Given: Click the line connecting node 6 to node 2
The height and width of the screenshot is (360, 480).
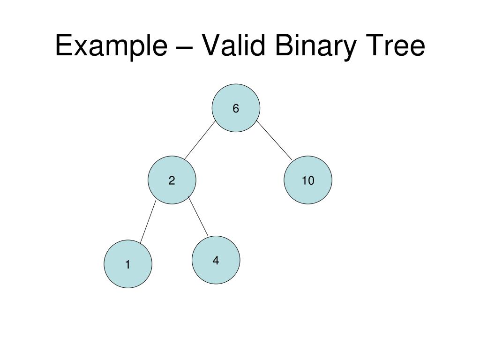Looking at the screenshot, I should pyautogui.click(x=200, y=140).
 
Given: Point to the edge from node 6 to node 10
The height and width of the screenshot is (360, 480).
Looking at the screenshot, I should pyautogui.click(x=274, y=140).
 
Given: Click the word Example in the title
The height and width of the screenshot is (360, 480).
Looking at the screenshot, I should pyautogui.click(x=111, y=46).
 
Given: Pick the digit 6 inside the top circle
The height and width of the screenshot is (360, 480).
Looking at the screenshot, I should pyautogui.click(x=235, y=109).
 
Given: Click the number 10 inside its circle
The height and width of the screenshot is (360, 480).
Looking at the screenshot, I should pyautogui.click(x=307, y=180).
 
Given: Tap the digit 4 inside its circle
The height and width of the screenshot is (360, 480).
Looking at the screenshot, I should pyautogui.click(x=216, y=261).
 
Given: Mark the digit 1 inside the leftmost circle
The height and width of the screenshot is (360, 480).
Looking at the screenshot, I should pyautogui.click(x=127, y=265).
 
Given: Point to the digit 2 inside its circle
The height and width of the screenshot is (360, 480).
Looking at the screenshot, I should pyautogui.click(x=172, y=180).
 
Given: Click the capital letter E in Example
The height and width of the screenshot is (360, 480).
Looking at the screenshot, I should pyautogui.click(x=63, y=46).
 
